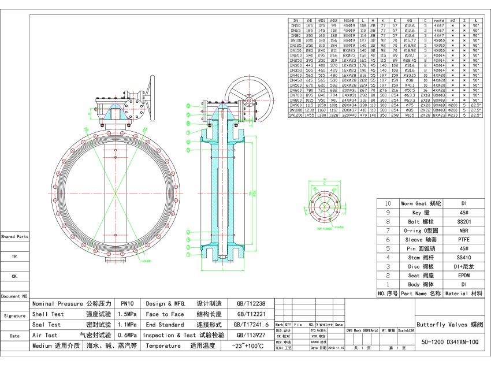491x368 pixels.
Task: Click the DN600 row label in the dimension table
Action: (295, 91)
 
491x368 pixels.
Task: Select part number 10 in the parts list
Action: (388, 203)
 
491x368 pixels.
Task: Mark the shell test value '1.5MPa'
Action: (127, 314)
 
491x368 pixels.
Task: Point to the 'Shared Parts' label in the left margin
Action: (14, 237)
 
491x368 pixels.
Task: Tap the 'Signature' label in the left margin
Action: (14, 316)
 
